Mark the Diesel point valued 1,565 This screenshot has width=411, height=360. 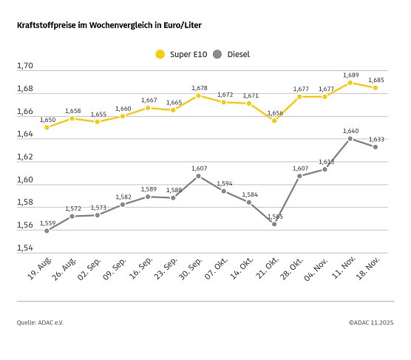point(274,224)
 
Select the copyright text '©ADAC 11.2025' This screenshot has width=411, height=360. point(370,322)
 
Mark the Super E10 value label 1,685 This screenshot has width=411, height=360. point(376,80)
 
